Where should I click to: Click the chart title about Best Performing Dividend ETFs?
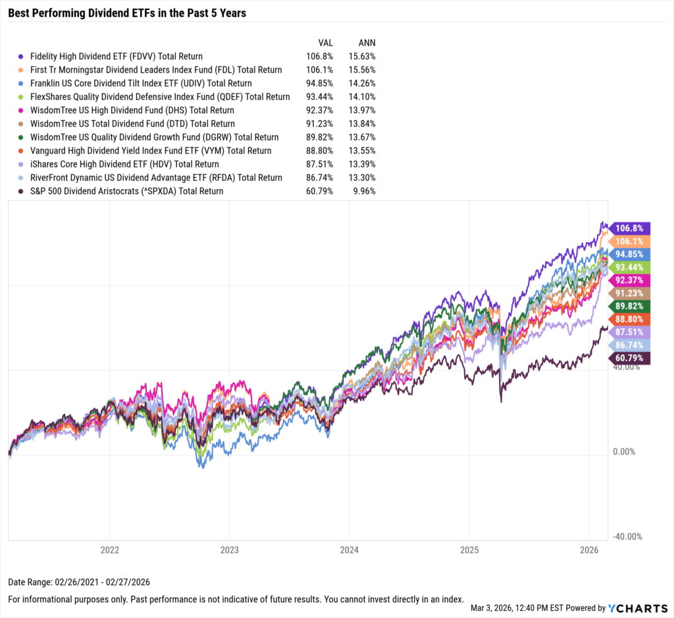127,13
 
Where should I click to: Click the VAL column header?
325,41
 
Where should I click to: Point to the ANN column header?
366,41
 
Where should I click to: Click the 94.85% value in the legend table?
321,84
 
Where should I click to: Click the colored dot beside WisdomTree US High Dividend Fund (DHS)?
22,111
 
